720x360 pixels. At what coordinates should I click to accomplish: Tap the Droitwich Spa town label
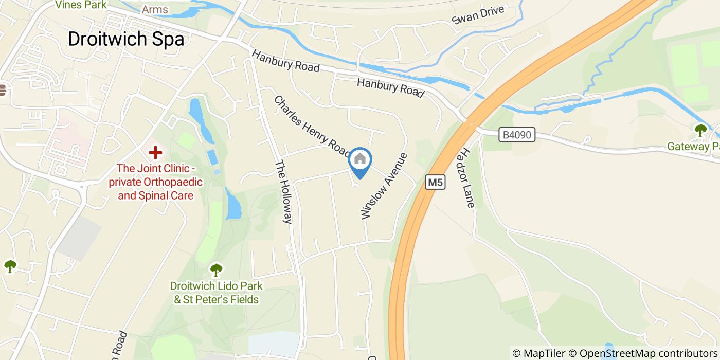pyautogui.click(x=126, y=39)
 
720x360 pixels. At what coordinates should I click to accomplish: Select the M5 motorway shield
pyautogui.click(x=435, y=182)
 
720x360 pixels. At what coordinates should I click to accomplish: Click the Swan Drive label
pyautogui.click(x=479, y=15)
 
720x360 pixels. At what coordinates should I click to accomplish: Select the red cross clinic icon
pyautogui.click(x=155, y=152)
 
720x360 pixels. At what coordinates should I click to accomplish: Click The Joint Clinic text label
pyautogui.click(x=156, y=182)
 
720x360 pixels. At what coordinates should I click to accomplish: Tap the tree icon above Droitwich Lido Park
pyautogui.click(x=217, y=269)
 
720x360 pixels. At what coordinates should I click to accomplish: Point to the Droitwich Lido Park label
pyautogui.click(x=217, y=293)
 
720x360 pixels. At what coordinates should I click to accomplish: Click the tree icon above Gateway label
pyautogui.click(x=700, y=130)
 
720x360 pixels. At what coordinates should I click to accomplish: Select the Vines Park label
pyautogui.click(x=81, y=5)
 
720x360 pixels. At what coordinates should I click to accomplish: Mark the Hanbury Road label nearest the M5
pyautogui.click(x=390, y=87)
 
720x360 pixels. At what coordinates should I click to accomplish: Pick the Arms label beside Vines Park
pyautogui.click(x=155, y=10)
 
